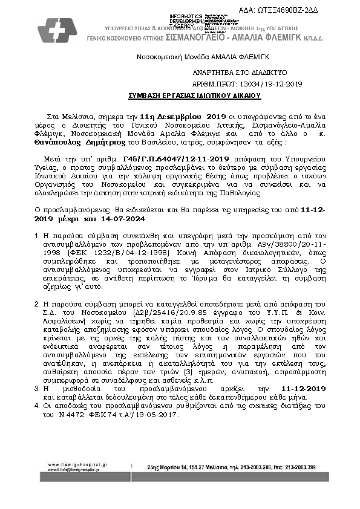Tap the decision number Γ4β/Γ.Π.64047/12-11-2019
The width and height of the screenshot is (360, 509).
[x=171, y=155]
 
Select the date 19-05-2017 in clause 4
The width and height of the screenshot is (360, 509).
[x=162, y=416]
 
